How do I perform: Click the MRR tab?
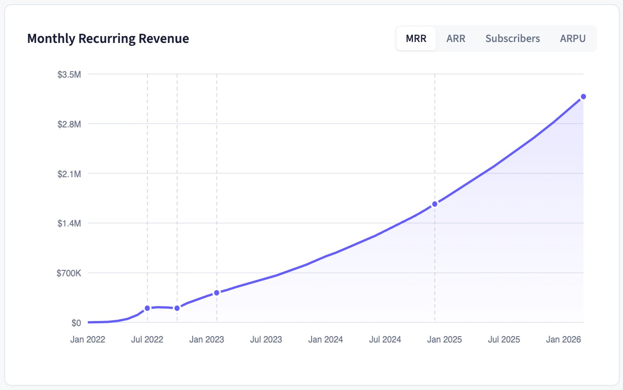416,38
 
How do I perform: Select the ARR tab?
456,38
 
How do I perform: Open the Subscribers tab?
512,38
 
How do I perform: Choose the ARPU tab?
573,38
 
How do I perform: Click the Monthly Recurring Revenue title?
108,38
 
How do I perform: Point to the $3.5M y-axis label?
69,74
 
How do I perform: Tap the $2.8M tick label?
69,124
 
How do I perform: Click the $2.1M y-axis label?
69,174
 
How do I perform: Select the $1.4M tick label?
69,224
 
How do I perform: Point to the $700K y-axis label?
69,274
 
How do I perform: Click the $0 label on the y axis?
76,323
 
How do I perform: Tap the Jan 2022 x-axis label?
88,339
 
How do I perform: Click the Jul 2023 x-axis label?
266,339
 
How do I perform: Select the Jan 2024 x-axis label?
326,339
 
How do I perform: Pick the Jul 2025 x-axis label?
504,339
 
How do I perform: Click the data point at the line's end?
583,96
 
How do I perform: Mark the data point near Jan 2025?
435,204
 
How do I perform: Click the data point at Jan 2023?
216,292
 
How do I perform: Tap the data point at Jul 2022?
147,308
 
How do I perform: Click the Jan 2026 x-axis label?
564,339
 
